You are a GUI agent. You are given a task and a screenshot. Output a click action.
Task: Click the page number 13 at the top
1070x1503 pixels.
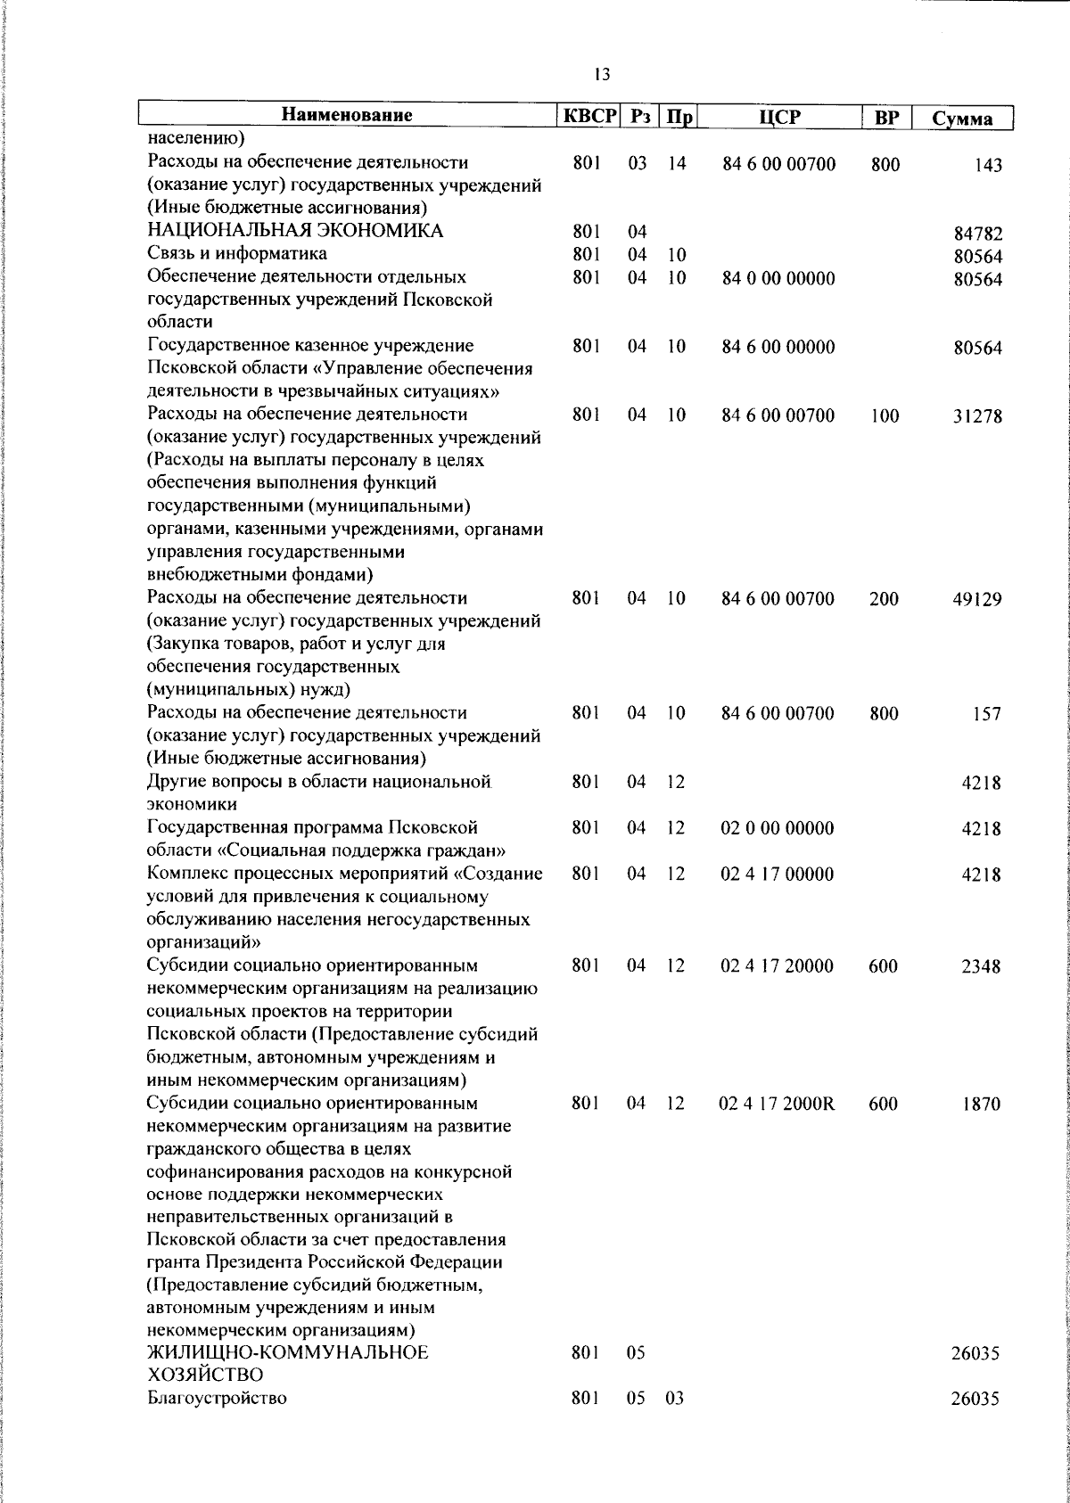click(x=601, y=75)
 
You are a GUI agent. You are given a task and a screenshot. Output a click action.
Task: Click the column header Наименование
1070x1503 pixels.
click(x=347, y=116)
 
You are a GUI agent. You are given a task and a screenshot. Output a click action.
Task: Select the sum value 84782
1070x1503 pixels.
click(x=978, y=235)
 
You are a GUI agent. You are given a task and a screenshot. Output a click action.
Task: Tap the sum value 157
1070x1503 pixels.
click(x=987, y=715)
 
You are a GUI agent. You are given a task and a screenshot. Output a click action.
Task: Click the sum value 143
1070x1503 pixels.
click(x=988, y=166)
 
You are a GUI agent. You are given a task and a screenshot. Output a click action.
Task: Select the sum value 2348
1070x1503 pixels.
click(x=981, y=967)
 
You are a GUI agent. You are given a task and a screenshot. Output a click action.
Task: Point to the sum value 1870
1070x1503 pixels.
click(x=981, y=1105)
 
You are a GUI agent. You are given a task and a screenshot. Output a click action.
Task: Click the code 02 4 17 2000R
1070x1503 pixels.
click(x=777, y=1104)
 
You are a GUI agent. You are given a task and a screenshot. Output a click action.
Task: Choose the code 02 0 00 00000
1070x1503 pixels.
click(x=778, y=828)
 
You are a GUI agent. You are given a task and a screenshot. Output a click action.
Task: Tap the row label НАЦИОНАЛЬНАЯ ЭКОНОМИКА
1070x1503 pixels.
click(x=295, y=232)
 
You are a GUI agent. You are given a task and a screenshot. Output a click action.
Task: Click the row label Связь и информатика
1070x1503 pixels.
click(x=237, y=255)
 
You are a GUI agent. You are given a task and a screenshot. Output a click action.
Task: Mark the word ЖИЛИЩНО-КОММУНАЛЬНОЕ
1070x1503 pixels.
click(x=287, y=1377)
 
